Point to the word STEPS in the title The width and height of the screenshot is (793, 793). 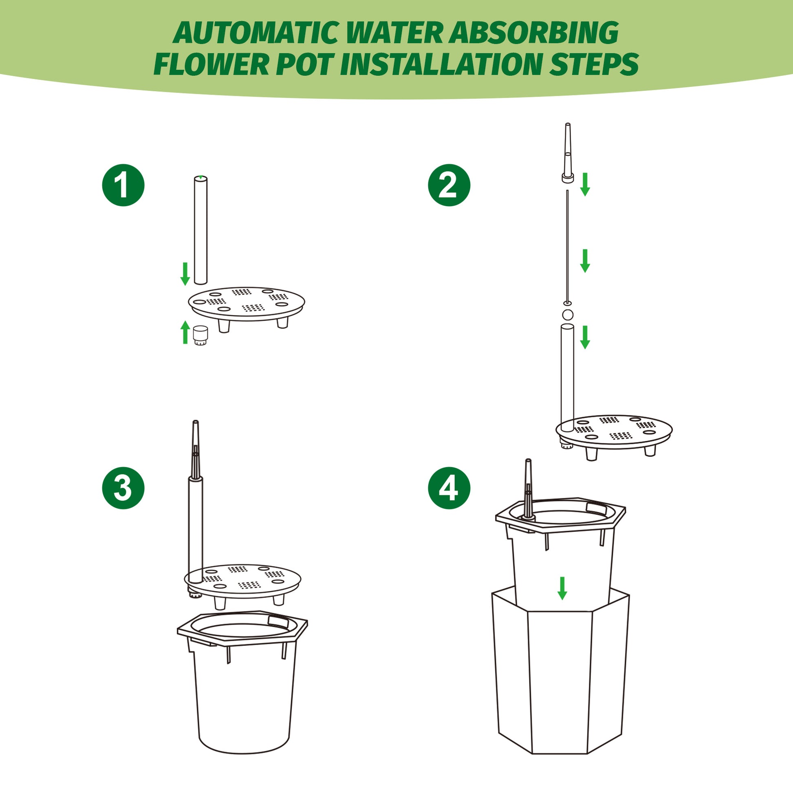click(594, 64)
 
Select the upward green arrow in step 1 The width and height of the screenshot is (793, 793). click(185, 332)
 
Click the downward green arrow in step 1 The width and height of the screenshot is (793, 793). click(185, 273)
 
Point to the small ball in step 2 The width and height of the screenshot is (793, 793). click(568, 315)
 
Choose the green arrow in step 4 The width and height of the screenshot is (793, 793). click(562, 588)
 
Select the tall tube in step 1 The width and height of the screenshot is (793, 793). click(201, 230)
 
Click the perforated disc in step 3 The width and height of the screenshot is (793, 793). click(242, 579)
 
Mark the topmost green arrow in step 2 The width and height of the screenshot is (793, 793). click(585, 184)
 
